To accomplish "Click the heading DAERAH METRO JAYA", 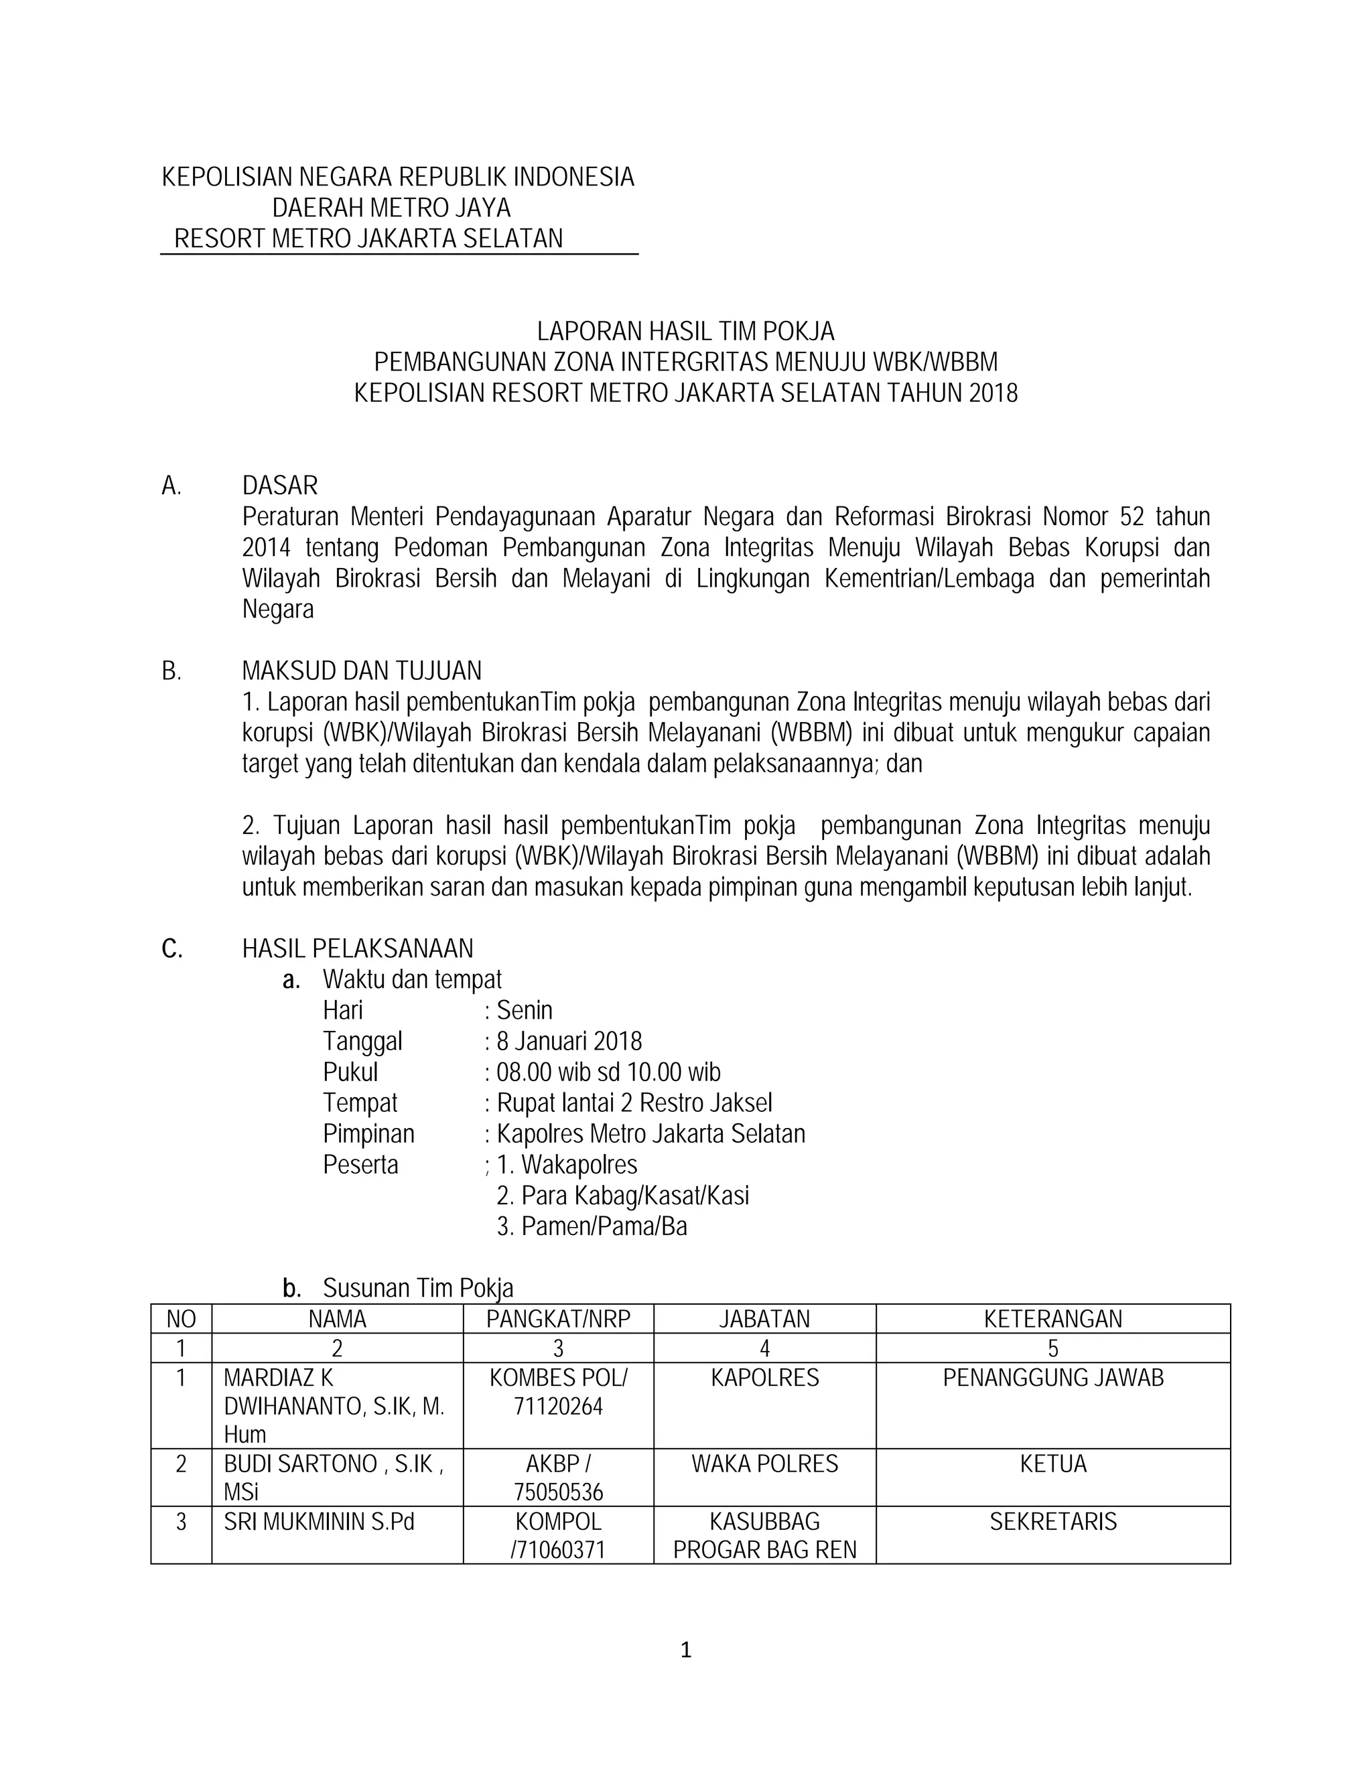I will tap(391, 208).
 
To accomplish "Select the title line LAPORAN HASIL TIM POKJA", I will tap(685, 331).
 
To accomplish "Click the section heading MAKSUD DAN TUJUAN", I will tap(362, 670).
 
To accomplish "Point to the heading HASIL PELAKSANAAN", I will tap(358, 948).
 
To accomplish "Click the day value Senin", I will tap(525, 1010).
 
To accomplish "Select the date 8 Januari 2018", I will tap(569, 1041).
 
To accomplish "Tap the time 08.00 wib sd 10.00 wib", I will tap(608, 1072).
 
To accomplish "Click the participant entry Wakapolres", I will tap(579, 1165).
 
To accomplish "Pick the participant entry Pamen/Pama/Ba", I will tap(604, 1226).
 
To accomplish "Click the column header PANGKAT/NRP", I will tap(559, 1318).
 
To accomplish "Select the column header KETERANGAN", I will tap(1052, 1318).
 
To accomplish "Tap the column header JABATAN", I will tap(764, 1318).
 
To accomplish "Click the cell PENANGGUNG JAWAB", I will tap(1052, 1378).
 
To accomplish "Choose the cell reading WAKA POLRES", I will tap(764, 1464).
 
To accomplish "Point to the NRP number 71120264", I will tap(559, 1406).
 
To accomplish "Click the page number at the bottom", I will tap(685, 1650).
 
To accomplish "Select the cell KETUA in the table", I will tap(1052, 1464).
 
